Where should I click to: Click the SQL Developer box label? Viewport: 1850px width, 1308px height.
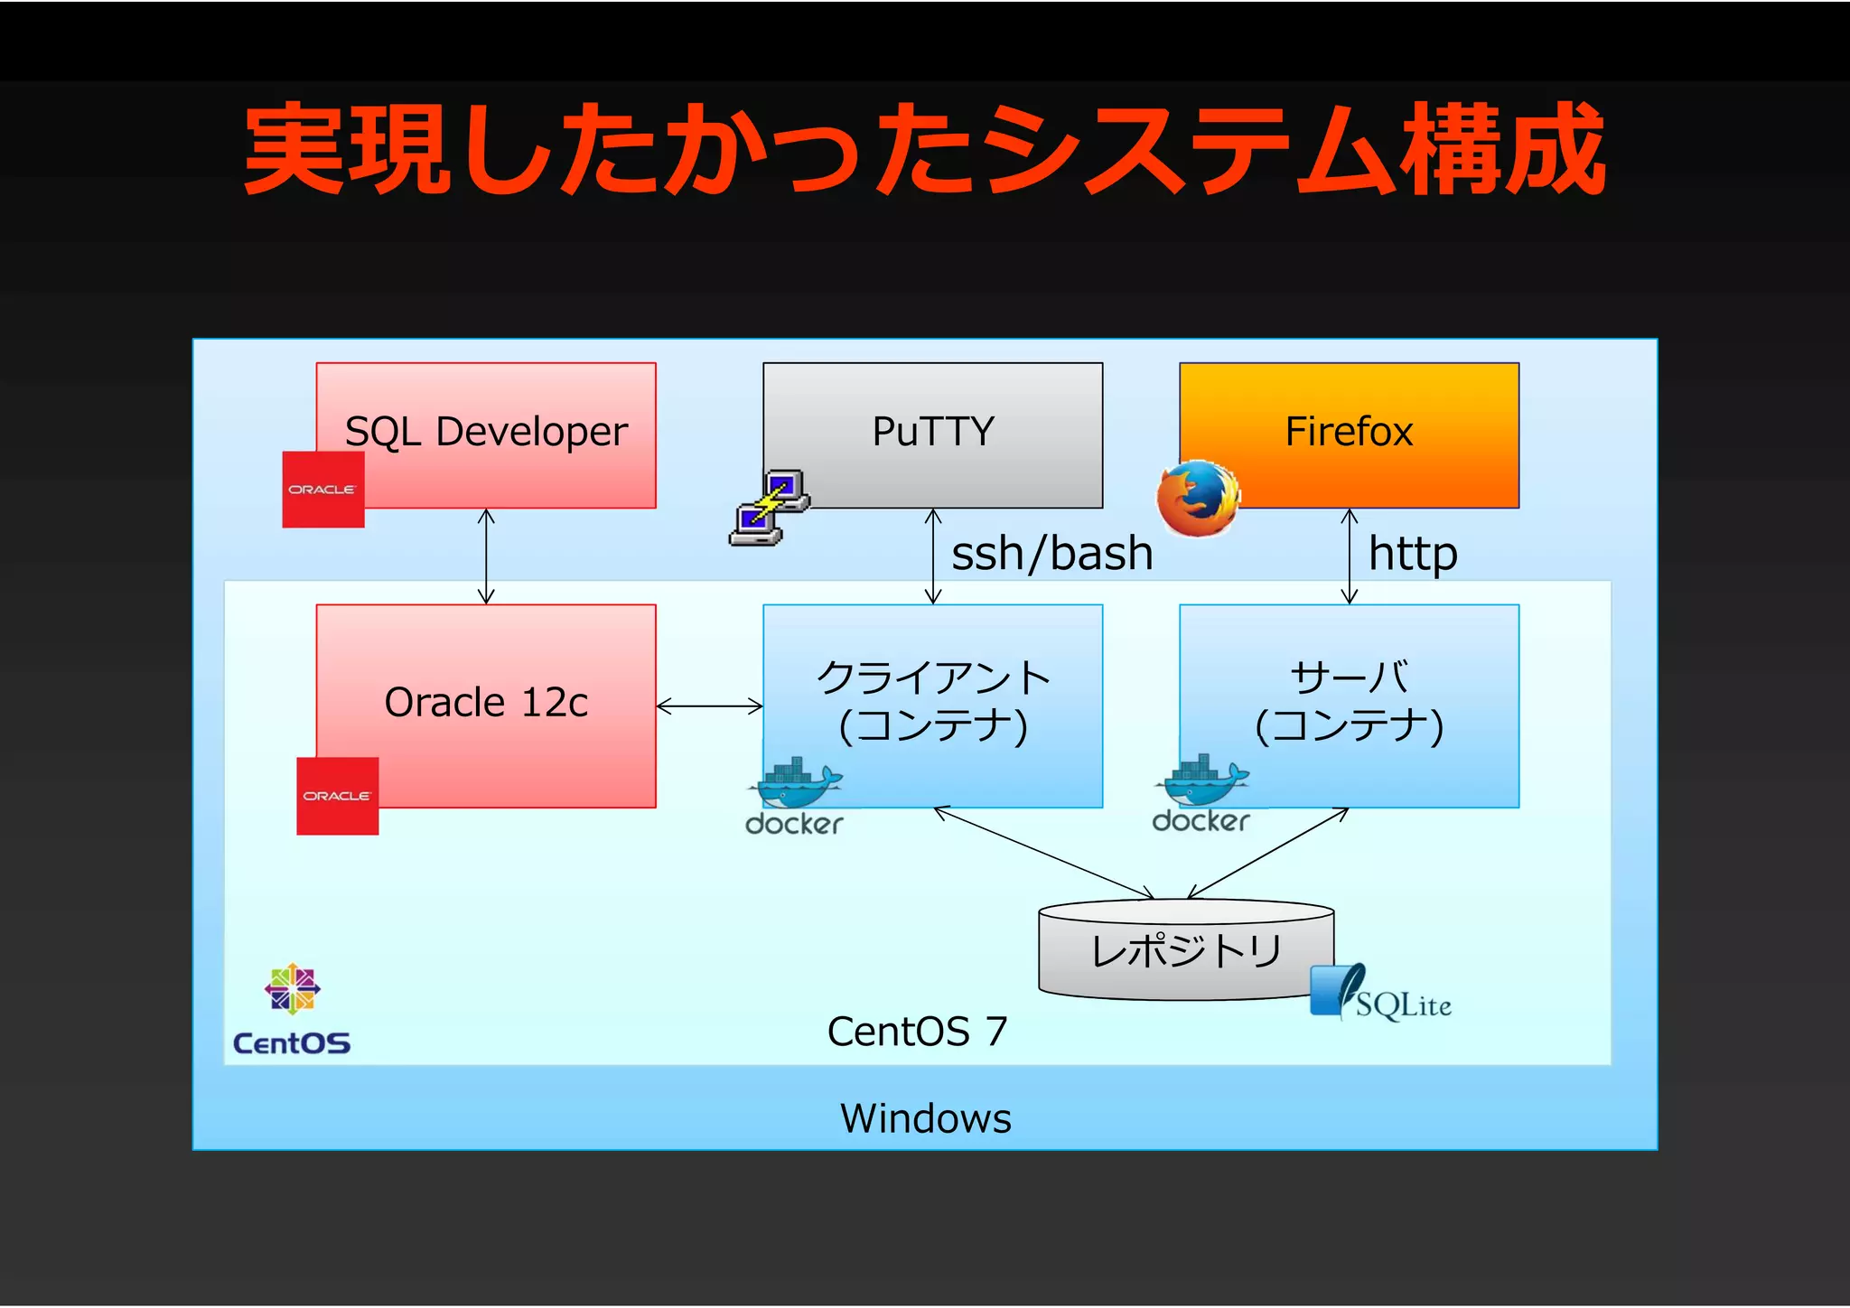(x=486, y=432)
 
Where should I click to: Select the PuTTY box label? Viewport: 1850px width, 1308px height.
(x=932, y=432)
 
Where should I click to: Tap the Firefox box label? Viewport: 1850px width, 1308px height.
(x=1349, y=432)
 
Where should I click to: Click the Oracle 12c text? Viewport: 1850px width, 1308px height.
(x=486, y=703)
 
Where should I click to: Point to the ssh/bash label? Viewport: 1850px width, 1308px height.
(x=1052, y=553)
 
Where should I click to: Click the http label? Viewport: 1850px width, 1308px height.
(x=1413, y=553)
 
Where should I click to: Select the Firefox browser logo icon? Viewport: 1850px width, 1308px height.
(x=1198, y=499)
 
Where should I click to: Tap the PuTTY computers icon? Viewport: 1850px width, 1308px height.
(x=769, y=508)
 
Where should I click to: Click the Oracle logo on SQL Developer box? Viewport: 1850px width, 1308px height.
(x=322, y=490)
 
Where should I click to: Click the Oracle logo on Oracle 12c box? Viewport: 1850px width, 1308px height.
(x=337, y=796)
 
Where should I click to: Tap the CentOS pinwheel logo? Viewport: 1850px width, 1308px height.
(x=292, y=988)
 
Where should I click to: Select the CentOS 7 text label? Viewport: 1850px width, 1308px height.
(x=916, y=1032)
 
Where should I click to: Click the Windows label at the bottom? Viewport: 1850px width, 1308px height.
(x=925, y=1118)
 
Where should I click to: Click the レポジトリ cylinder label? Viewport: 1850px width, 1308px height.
(x=1186, y=950)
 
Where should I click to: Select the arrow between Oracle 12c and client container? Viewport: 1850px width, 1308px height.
(x=709, y=706)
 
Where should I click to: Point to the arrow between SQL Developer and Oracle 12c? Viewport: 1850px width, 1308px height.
(x=486, y=556)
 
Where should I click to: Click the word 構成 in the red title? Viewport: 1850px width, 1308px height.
(x=1503, y=149)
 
